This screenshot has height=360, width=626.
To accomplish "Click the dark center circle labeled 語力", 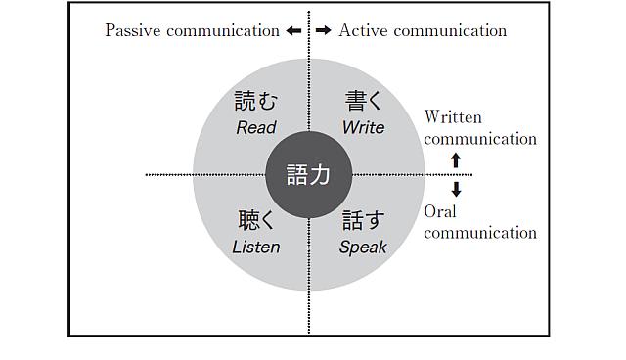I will tap(309, 175).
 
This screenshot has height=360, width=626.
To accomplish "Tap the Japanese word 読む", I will tap(256, 101).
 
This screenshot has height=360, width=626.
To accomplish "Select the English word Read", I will tap(256, 127).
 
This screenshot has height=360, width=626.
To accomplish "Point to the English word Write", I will tap(363, 127).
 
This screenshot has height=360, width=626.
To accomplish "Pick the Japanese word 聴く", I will tap(256, 220).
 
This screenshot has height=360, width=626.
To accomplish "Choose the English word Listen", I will tap(256, 247).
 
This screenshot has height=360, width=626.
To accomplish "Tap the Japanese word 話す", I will tap(363, 220).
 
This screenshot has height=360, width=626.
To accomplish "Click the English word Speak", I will tap(363, 247).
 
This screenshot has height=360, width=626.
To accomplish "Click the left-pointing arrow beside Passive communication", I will tap(293, 30).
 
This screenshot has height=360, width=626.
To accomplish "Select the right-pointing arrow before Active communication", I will tap(324, 30).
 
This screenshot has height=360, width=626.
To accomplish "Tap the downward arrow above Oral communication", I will tap(455, 189).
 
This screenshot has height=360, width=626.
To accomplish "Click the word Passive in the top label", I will tap(133, 30).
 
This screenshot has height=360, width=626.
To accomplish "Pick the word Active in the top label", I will tap(363, 30).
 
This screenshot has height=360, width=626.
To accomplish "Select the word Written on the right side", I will tap(453, 117).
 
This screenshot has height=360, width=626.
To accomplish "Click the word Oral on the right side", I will tap(440, 211).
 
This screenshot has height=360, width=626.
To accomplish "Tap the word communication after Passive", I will tap(223, 30).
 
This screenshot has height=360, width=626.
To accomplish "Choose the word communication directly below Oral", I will tap(480, 233).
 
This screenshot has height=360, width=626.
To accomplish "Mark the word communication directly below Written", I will tap(480, 139).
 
